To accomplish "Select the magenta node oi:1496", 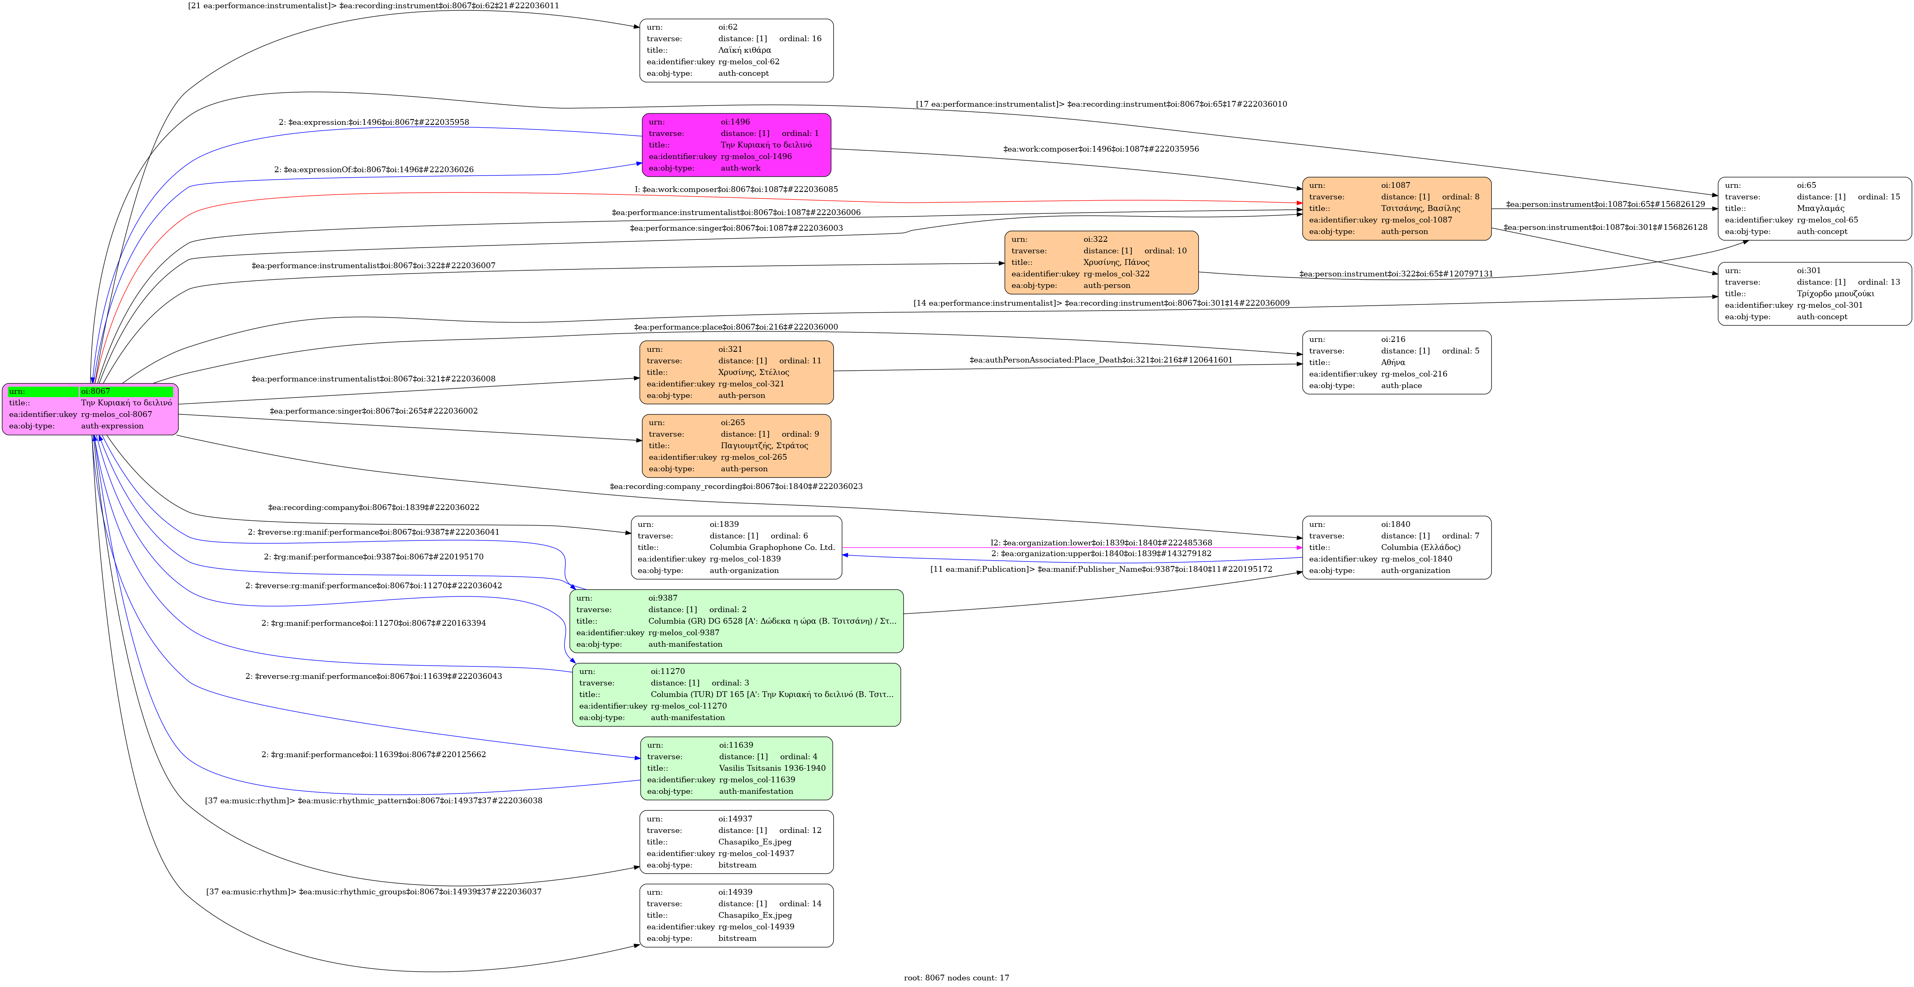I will [x=736, y=145].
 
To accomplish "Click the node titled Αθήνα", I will [x=1396, y=362].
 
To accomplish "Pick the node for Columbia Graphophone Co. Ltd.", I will [x=736, y=547].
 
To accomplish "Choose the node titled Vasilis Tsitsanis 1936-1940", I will [x=736, y=768].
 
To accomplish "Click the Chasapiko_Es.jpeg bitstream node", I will [x=736, y=841].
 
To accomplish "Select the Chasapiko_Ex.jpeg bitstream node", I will [x=736, y=915].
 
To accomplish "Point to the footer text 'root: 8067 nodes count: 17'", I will [x=956, y=978].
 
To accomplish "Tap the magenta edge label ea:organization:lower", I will [x=1100, y=543].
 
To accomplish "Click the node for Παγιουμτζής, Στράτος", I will [x=736, y=445].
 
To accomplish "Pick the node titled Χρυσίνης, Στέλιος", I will [x=736, y=372].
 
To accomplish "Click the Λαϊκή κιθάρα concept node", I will [x=736, y=50].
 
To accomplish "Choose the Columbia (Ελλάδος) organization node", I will [x=1396, y=547].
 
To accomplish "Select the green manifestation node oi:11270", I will [x=736, y=694].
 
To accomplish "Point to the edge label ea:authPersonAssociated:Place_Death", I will [x=1100, y=360].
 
